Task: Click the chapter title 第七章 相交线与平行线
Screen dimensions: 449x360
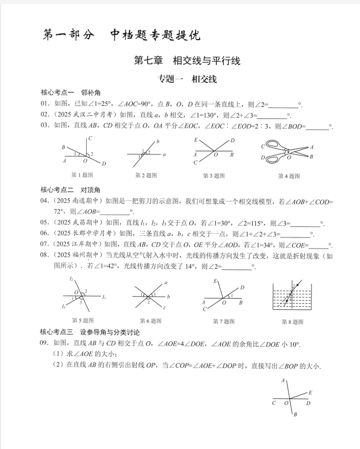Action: (x=186, y=61)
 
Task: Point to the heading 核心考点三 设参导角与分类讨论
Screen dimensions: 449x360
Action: (x=90, y=332)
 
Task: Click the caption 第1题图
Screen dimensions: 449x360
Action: (x=82, y=175)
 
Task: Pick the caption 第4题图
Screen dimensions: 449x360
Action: (x=289, y=176)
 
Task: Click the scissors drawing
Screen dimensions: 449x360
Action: (x=287, y=151)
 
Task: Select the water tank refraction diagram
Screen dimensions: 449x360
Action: (x=291, y=296)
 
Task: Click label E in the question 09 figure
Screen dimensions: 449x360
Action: (x=310, y=392)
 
